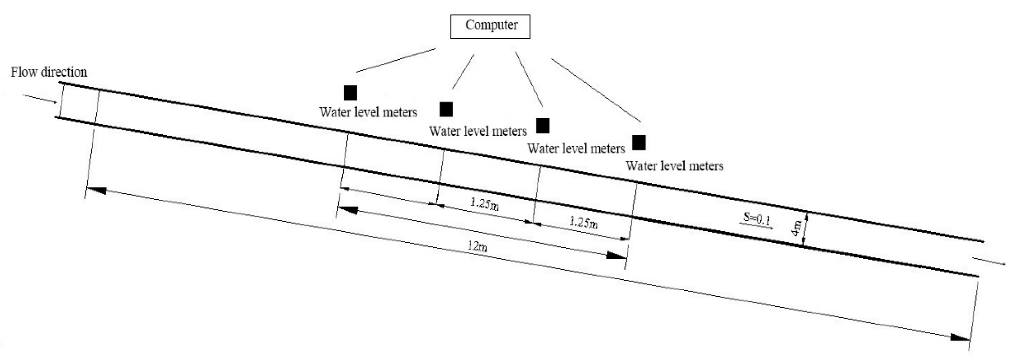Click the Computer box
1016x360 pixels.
click(490, 26)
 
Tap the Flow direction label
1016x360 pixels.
click(48, 72)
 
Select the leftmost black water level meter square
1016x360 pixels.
click(350, 93)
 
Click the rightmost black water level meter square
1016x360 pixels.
click(639, 142)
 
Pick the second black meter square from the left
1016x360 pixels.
click(446, 109)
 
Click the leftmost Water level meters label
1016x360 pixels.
click(368, 112)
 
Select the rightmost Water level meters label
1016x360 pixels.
click(674, 166)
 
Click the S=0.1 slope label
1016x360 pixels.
click(757, 218)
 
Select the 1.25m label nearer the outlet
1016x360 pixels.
click(583, 223)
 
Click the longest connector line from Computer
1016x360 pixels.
click(595, 90)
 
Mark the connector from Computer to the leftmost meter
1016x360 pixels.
click(396, 60)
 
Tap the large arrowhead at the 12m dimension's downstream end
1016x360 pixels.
click(960, 337)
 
